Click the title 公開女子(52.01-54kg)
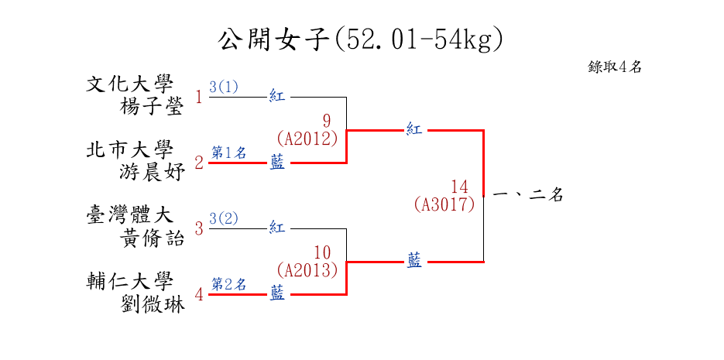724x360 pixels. [361, 39]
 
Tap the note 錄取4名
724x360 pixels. [615, 67]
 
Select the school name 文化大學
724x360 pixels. [130, 84]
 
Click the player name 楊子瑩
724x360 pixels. [153, 107]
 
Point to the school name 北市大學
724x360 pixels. [130, 149]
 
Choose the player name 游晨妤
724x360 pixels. [153, 173]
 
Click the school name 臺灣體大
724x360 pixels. [130, 215]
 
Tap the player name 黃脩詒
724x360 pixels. [153, 238]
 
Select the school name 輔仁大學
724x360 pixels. [130, 281]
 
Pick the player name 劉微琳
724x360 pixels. [153, 304]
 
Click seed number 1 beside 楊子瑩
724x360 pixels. [199, 98]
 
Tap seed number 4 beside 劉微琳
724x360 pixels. [199, 295]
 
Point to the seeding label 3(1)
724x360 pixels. [224, 87]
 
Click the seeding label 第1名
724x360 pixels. [229, 153]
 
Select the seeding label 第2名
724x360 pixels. [229, 284]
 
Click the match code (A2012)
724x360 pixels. [307, 139]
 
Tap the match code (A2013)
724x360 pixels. [307, 270]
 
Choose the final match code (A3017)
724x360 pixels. [444, 204]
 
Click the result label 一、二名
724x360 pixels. [527, 196]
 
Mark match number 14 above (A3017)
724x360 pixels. [460, 187]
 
